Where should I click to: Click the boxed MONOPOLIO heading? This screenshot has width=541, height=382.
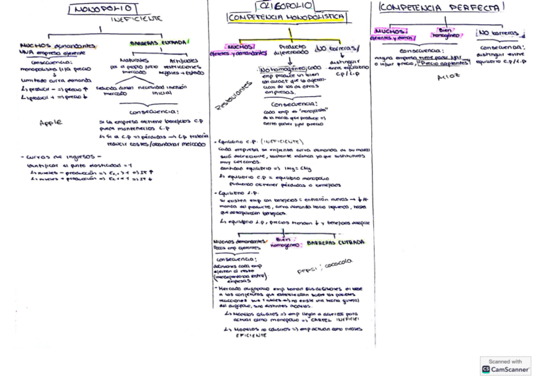tap(103, 9)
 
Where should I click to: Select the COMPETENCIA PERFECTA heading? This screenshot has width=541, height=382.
tap(441, 8)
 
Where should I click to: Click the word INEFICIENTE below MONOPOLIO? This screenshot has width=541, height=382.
tap(137, 19)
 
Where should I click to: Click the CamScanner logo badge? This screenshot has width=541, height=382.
tap(505, 366)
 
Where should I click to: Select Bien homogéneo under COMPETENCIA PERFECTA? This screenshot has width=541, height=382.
tap(445, 33)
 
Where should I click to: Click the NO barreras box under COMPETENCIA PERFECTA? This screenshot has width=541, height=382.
tap(498, 33)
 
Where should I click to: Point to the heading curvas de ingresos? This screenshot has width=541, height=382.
tap(62, 156)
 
